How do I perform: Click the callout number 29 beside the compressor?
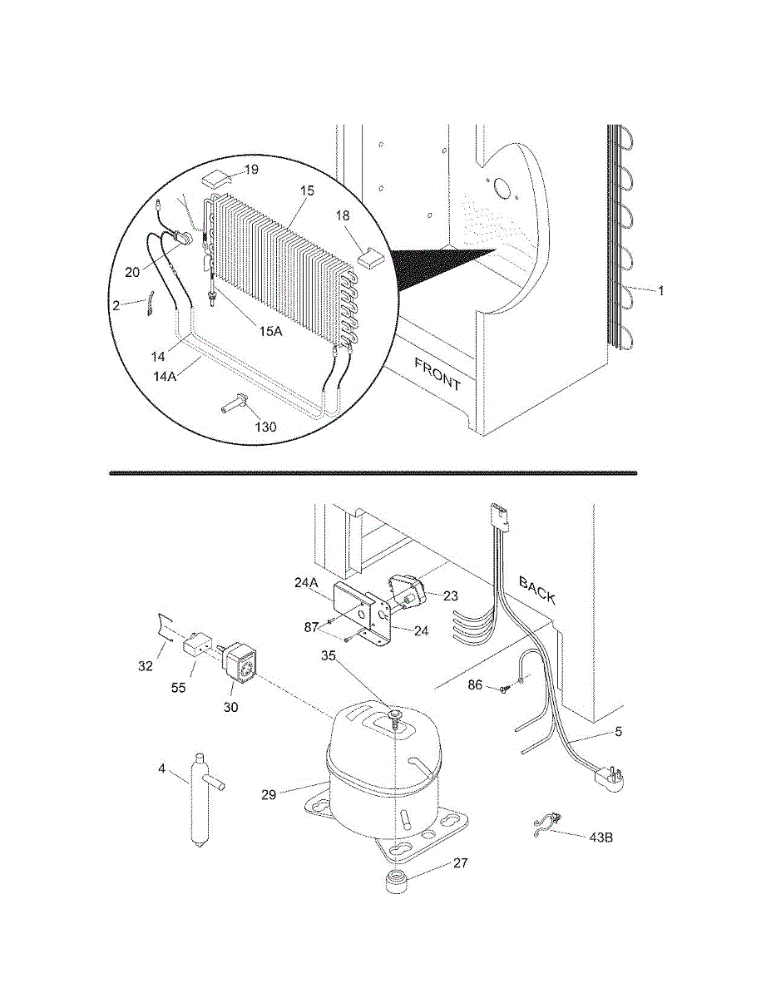268,794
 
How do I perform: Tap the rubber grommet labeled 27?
398,883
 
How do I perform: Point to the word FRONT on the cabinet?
437,374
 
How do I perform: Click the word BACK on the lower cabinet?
536,588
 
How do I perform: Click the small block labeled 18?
368,256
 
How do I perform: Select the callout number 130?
266,427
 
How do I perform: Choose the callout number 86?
475,687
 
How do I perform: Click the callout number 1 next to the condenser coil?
661,290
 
